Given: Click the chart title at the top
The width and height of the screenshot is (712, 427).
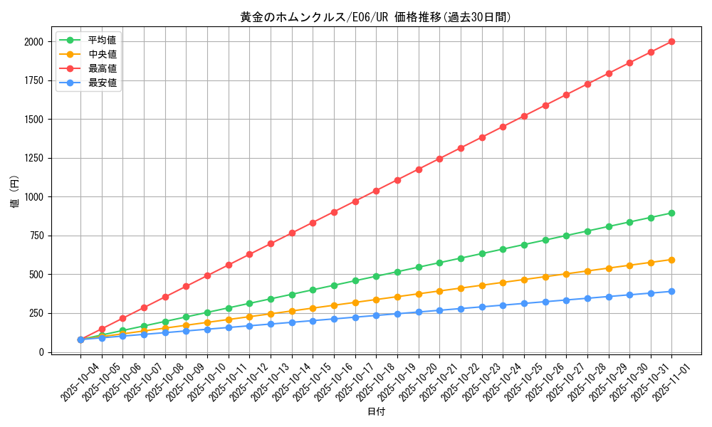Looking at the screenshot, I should [x=376, y=17].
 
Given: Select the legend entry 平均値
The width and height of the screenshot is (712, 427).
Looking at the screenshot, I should [x=102, y=40].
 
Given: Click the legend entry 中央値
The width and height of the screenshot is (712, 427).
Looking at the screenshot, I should [x=102, y=54].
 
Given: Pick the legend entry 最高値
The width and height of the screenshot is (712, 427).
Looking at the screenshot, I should [x=102, y=68].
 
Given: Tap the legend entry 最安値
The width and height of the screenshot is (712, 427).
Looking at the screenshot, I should [x=102, y=83].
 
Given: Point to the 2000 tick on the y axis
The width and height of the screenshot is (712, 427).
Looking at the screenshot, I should [x=32, y=42].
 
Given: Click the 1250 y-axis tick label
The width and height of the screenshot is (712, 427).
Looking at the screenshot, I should [x=32, y=159].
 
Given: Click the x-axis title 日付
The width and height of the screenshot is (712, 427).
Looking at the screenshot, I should [x=376, y=412].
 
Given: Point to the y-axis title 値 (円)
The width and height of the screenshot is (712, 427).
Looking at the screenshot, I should [x=15, y=193].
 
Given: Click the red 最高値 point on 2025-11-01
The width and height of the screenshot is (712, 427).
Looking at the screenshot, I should [x=671, y=41].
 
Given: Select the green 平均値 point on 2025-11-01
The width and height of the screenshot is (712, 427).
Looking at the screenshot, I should [x=671, y=213].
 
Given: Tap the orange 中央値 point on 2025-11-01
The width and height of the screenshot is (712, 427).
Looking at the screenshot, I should [x=671, y=260].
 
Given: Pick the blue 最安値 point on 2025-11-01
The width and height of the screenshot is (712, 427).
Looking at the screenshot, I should [x=671, y=291].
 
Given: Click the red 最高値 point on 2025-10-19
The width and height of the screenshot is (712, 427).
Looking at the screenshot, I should [x=397, y=180].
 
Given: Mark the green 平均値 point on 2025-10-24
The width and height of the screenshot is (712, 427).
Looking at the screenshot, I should [x=503, y=249].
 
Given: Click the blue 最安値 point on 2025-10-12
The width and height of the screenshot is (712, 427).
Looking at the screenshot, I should [x=249, y=326].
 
